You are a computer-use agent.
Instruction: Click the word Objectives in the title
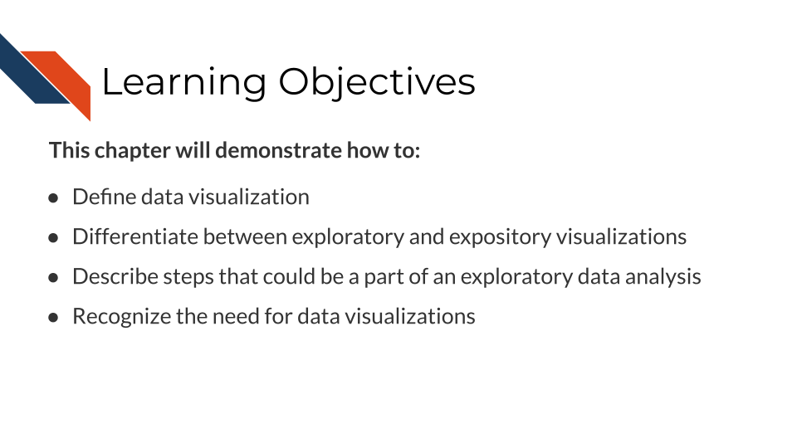(x=377, y=83)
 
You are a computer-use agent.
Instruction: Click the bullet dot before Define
(x=54, y=198)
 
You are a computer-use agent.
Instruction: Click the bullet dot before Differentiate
(x=54, y=238)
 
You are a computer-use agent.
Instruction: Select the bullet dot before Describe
(x=54, y=278)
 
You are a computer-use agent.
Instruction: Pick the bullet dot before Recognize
(x=54, y=318)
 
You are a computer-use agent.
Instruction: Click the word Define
(x=104, y=197)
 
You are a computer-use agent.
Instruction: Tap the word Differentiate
(x=135, y=237)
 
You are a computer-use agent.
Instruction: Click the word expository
(x=500, y=237)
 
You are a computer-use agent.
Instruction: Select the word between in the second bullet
(x=245, y=237)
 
